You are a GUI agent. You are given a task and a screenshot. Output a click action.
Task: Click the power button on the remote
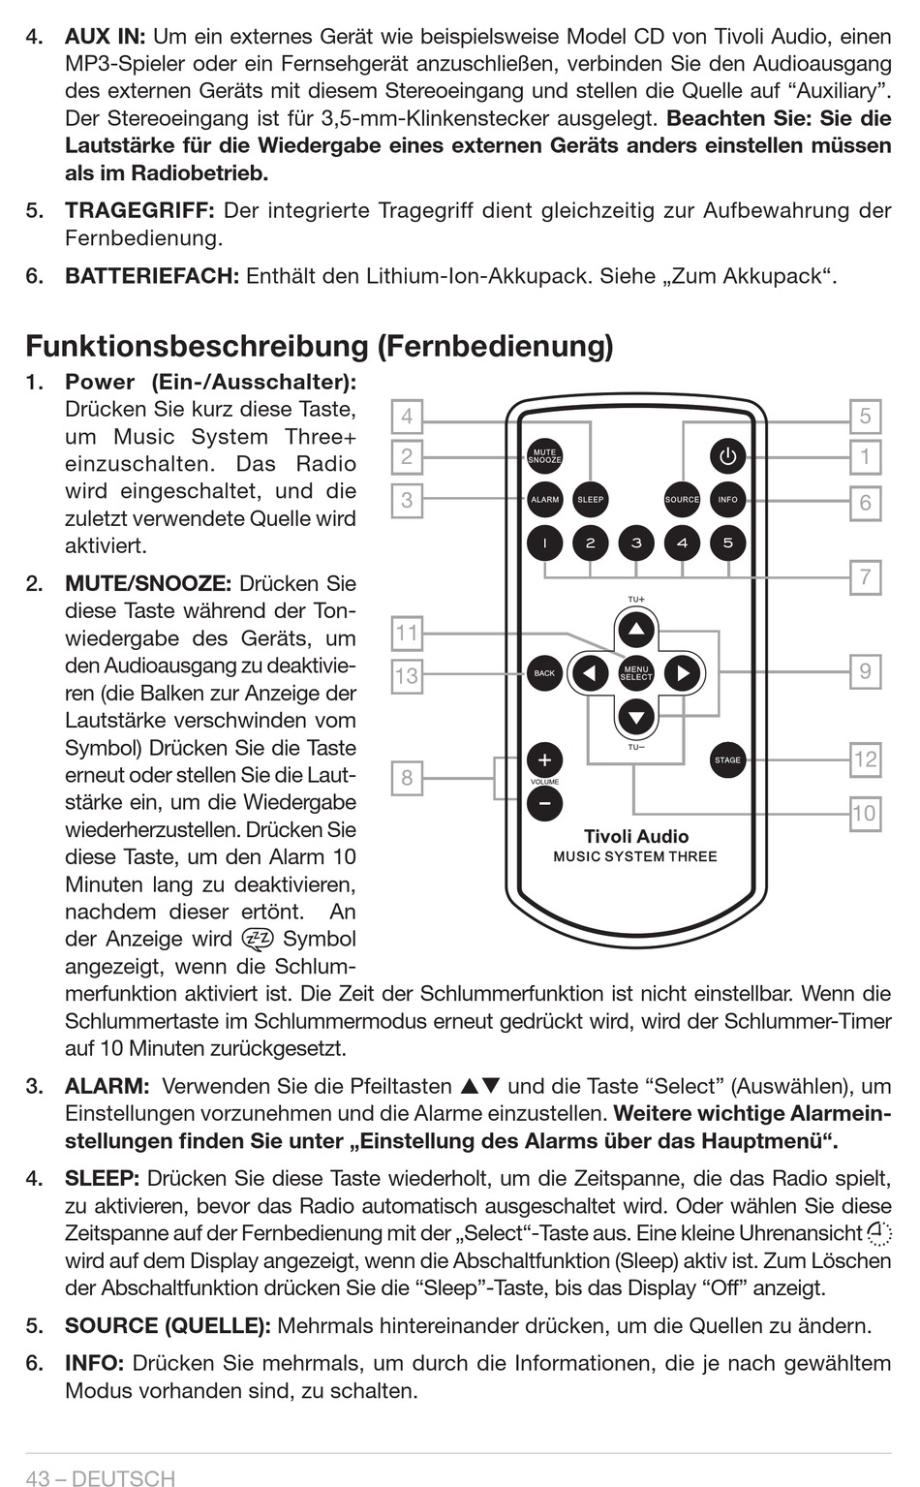[727, 456]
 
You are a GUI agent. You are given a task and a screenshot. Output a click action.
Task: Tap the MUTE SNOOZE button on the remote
[544, 456]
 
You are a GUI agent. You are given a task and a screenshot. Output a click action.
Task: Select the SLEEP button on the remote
[590, 500]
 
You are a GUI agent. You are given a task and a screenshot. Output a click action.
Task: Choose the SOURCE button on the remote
[682, 500]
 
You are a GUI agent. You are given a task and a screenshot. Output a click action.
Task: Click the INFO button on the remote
[727, 500]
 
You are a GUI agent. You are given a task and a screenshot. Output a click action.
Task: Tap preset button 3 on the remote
[636, 543]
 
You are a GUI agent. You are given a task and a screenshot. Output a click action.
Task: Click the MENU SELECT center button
[636, 672]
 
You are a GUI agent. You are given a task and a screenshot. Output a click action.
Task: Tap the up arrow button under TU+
[636, 630]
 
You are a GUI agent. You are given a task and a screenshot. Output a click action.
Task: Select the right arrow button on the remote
[683, 672]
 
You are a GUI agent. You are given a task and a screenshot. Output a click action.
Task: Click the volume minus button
[544, 803]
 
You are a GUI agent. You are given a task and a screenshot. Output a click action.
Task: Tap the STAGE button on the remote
[727, 760]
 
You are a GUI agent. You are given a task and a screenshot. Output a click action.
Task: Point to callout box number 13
[407, 675]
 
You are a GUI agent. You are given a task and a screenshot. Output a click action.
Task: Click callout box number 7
[865, 577]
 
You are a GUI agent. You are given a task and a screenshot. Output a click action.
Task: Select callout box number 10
[864, 813]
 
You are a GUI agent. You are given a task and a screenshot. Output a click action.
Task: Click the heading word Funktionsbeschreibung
[198, 346]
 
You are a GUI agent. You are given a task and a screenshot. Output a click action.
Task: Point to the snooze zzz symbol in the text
[259, 939]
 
